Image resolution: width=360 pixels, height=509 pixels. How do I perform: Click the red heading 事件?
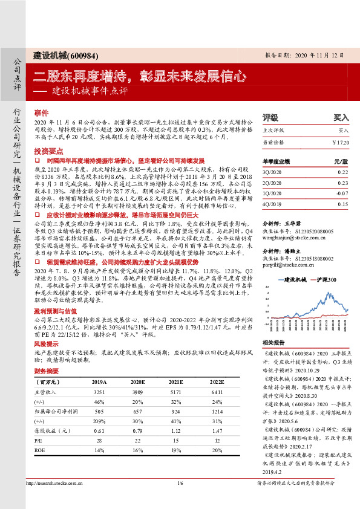click(41, 113)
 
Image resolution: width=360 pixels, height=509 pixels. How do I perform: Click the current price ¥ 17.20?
click(340, 141)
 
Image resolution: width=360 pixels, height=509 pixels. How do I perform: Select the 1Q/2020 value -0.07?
click(342, 193)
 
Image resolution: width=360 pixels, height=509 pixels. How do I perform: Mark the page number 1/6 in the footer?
click(180, 500)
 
